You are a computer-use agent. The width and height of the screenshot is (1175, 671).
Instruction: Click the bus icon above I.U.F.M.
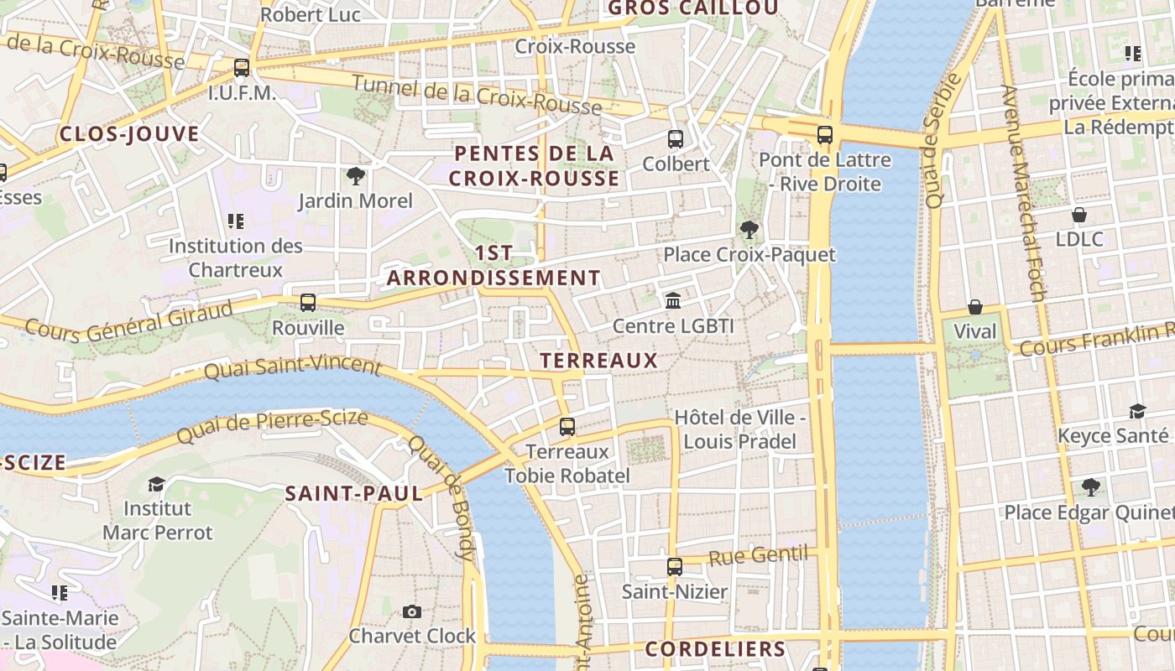click(x=242, y=68)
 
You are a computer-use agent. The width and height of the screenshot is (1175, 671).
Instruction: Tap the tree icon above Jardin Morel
click(x=355, y=176)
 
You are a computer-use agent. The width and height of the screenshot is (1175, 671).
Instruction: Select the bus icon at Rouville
click(x=308, y=303)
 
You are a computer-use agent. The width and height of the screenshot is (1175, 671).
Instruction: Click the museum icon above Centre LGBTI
click(x=673, y=300)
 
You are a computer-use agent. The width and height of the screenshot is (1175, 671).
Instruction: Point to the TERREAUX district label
click(x=598, y=361)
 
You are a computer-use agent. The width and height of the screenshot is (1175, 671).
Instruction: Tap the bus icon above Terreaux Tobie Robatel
click(x=567, y=427)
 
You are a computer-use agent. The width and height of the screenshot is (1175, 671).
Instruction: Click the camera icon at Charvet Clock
click(x=411, y=611)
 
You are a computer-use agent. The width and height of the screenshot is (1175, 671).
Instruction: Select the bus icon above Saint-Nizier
click(x=674, y=567)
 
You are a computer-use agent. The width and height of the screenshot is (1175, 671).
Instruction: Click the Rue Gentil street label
click(x=758, y=555)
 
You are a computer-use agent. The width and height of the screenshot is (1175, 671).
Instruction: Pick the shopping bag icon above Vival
click(x=974, y=307)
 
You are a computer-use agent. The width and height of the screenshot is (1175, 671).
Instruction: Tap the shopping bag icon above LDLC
click(x=1079, y=215)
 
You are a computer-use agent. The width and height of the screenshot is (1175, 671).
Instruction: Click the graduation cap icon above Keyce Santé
click(x=1137, y=411)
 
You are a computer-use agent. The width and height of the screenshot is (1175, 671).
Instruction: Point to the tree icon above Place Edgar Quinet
click(x=1090, y=486)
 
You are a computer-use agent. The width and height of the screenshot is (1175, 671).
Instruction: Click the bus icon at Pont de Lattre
click(x=825, y=134)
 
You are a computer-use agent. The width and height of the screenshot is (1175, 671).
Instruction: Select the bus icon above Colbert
click(x=676, y=139)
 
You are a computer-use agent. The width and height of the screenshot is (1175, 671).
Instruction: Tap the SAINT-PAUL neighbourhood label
click(x=354, y=494)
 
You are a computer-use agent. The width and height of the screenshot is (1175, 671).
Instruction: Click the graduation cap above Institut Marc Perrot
click(x=156, y=484)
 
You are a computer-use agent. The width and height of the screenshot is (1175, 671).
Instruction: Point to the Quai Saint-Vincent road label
click(x=293, y=367)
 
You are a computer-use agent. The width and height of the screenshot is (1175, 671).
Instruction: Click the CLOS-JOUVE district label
click(x=129, y=134)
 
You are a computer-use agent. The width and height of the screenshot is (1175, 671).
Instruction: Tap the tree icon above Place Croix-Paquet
click(x=749, y=230)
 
